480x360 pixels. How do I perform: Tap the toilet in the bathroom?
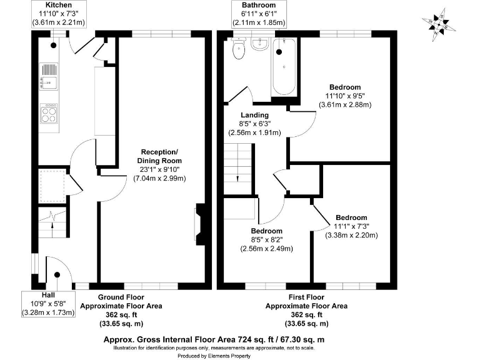click(237, 50)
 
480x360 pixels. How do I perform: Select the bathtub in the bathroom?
click(284, 67)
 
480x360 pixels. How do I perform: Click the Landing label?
click(254, 115)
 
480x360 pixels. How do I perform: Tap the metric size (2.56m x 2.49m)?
click(267, 248)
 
